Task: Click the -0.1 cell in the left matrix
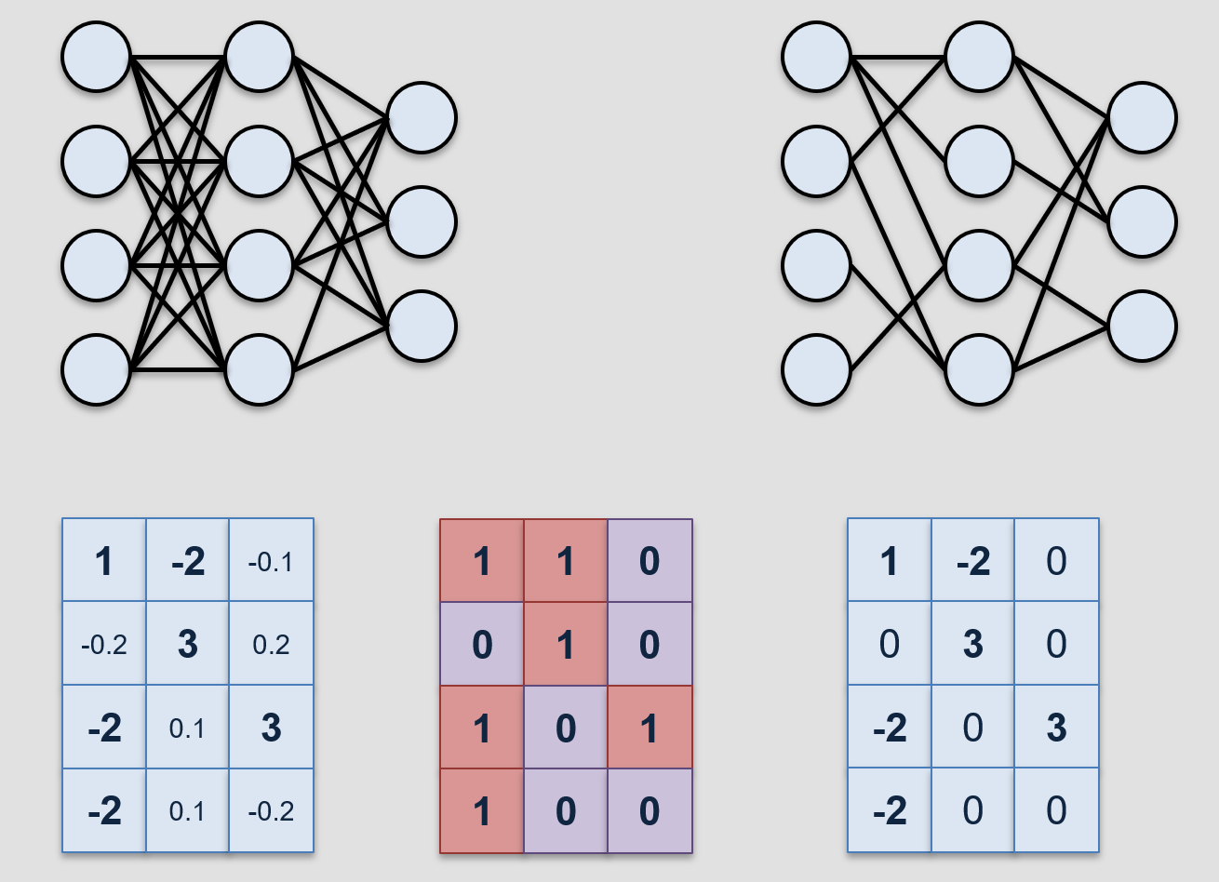pos(271,561)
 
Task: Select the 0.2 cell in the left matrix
pos(271,644)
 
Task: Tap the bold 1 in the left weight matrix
pos(103,561)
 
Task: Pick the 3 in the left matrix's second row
pos(187,644)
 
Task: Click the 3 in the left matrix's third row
pos(271,728)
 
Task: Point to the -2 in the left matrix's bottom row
pos(103,811)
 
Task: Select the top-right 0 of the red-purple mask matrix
pos(650,561)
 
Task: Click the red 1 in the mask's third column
pos(650,728)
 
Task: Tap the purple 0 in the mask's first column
pos(482,644)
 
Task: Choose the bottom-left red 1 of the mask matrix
pos(482,811)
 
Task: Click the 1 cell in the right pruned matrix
pos(889,561)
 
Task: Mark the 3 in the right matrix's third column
pos(1056,728)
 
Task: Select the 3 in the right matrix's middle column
pos(972,644)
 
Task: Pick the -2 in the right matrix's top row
pos(972,561)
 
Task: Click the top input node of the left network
pos(96,58)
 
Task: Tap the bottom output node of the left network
pos(422,326)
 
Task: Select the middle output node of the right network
pos(1142,221)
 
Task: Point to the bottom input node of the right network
pos(816,370)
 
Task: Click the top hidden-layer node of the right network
pos(979,58)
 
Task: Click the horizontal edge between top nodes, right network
pos(898,58)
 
